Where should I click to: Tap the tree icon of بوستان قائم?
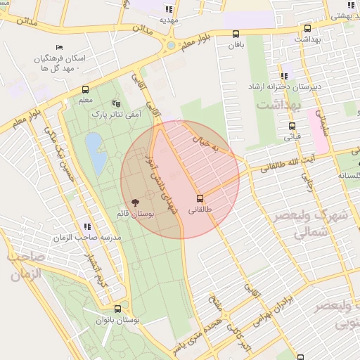point(136,202)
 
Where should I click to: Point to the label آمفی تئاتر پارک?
point(121,113)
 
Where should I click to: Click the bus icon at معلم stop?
point(85,90)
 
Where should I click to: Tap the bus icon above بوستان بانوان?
point(117,308)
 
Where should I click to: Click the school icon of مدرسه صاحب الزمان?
point(87,226)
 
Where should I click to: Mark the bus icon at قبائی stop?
point(292,127)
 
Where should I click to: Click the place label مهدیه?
point(169,20)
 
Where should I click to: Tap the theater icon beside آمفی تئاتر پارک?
point(117,103)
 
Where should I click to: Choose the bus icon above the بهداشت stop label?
point(307,29)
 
